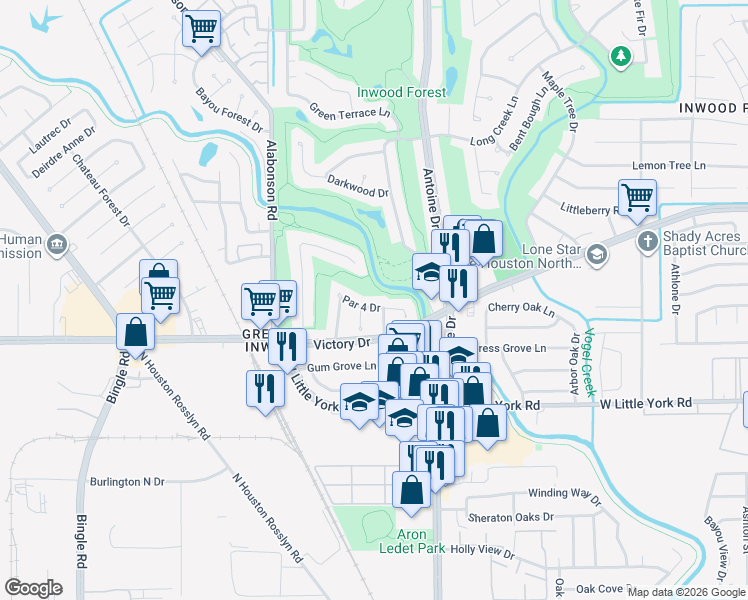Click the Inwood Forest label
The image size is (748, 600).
click(x=402, y=92)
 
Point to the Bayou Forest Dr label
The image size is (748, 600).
click(x=229, y=109)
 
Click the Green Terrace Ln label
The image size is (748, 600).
click(x=349, y=111)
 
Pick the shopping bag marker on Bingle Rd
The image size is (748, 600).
click(x=135, y=332)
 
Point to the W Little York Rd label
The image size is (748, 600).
click(x=645, y=403)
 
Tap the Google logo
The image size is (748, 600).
click(x=33, y=588)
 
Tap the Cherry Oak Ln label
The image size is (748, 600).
click(x=521, y=309)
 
